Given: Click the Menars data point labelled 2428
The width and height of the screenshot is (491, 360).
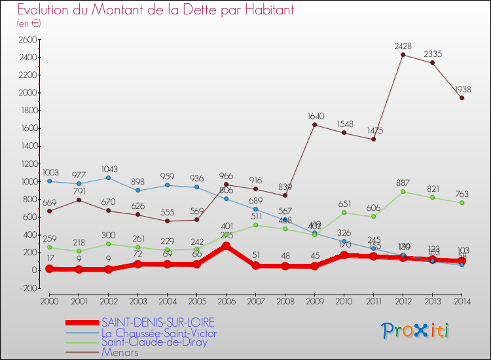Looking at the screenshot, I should pos(403,54).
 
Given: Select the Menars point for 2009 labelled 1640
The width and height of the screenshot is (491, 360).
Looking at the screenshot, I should pos(314,124).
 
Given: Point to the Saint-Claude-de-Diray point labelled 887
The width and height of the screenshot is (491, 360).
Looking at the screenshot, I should pos(403,191).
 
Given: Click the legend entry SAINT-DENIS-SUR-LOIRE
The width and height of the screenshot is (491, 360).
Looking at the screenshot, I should pos(157,323).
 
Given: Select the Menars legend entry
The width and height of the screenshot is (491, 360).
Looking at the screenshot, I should pos(120,352).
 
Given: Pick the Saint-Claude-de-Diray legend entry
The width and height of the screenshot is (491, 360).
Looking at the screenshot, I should pos(154,342).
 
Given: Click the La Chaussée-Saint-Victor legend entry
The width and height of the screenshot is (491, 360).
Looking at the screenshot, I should pos(159,333).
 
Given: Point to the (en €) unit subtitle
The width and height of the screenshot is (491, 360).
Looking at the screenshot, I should pos(29,24).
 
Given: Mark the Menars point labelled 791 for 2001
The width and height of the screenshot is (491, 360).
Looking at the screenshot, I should pos(79,200).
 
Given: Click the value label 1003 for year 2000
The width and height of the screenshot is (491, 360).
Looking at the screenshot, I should pos(50,173).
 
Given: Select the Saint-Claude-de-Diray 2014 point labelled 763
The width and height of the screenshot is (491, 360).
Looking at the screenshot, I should pos(462,202).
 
